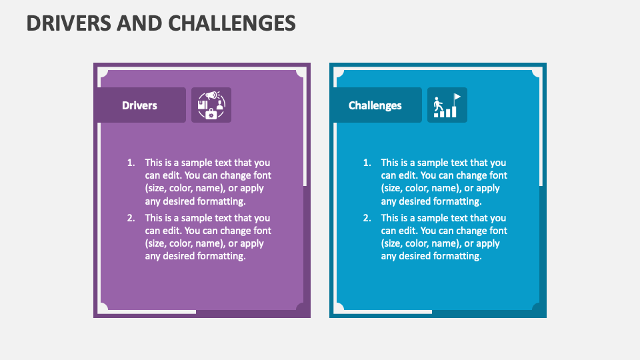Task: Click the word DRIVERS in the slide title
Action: (x=69, y=23)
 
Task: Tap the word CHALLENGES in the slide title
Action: (x=232, y=23)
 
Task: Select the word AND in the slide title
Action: (x=139, y=23)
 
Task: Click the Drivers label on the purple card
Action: (x=139, y=105)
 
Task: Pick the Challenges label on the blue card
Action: (x=375, y=105)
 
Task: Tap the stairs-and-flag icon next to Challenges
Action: (x=447, y=105)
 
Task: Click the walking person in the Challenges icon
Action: (x=438, y=104)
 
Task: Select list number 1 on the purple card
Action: (x=131, y=163)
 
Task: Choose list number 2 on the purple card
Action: (x=131, y=218)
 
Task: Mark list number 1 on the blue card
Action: (x=367, y=163)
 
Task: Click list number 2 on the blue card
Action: (x=367, y=218)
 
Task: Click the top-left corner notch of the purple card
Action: (x=103, y=73)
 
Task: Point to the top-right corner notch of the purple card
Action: (x=301, y=73)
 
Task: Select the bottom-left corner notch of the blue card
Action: (x=339, y=308)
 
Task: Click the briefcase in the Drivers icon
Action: (x=211, y=114)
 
